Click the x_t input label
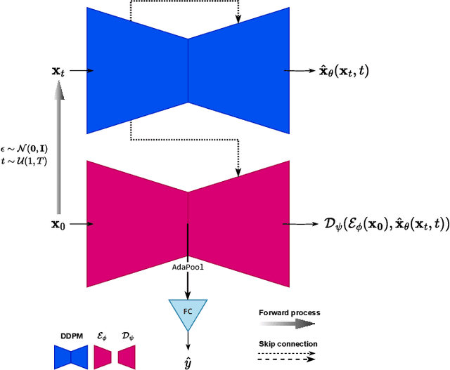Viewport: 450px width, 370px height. click(58, 71)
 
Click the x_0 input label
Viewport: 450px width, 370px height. click(58, 225)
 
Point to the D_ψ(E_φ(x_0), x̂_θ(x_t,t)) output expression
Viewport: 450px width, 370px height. click(376, 225)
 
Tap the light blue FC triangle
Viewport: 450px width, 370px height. click(188, 312)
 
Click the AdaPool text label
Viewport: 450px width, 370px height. click(188, 267)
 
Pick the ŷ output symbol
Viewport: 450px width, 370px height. click(188, 362)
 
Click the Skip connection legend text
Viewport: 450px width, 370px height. click(288, 343)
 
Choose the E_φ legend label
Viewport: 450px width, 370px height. click(101, 336)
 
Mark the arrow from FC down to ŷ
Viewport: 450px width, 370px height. click(188, 341)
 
